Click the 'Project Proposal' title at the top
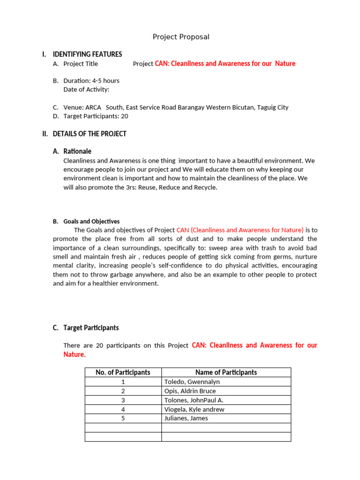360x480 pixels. coord(181,37)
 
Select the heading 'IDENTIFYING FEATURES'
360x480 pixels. coord(87,54)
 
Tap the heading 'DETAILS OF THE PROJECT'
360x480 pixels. coord(90,134)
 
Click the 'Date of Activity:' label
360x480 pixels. coord(86,89)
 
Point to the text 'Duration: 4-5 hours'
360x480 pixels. coord(91,81)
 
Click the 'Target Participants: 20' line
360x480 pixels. coord(96,116)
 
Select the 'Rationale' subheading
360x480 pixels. coord(77,151)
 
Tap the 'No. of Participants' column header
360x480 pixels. coord(123,372)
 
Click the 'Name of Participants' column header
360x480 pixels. coord(226,372)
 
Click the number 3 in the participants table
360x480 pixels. coord(123,400)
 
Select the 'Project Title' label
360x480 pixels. coord(81,64)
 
